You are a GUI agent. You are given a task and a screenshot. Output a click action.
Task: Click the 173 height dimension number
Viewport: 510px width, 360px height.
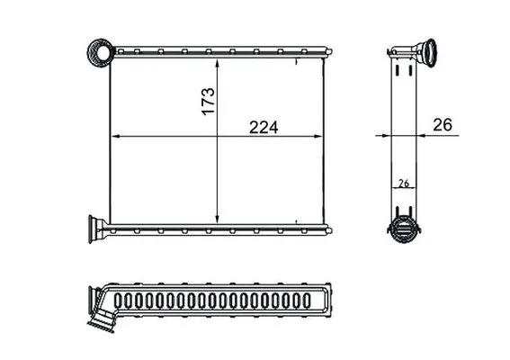(206, 98)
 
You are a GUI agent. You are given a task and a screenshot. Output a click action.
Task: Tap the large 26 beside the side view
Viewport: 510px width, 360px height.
(443, 126)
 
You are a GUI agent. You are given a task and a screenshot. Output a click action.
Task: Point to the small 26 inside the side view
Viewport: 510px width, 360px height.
(404, 184)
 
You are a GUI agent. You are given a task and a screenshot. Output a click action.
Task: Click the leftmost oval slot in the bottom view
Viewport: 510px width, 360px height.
(122, 300)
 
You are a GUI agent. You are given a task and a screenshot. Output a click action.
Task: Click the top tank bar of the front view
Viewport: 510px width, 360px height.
(216, 55)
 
